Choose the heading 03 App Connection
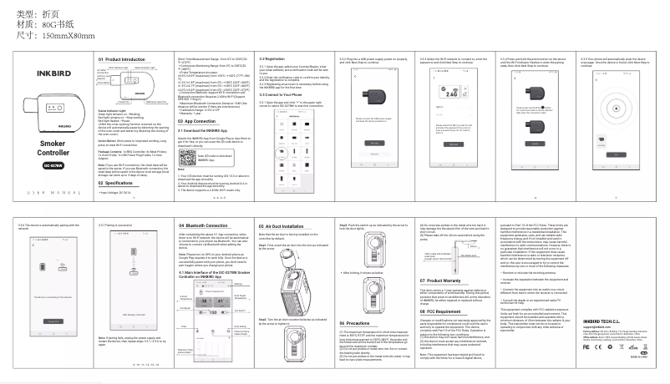[x=199, y=122]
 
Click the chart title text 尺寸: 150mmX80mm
[x=52, y=37]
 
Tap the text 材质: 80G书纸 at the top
[x=45, y=25]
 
